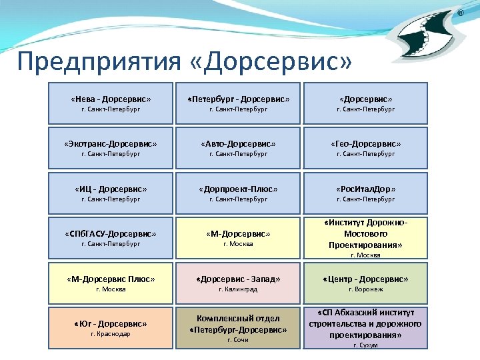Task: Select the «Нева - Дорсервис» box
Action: coord(111,103)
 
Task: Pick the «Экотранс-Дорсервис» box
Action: coord(111,148)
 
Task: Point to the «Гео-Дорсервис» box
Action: coord(365,148)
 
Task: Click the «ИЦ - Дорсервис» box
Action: coord(111,193)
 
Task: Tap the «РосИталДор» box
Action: coord(365,193)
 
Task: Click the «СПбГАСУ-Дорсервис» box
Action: coord(111,238)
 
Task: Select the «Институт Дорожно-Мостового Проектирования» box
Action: coord(365,238)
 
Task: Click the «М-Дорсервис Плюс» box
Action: coord(111,283)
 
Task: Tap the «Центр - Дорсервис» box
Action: coord(365,283)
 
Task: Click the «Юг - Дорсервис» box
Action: coord(111,328)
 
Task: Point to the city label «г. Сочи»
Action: coord(238,340)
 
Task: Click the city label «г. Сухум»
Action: coord(365,345)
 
